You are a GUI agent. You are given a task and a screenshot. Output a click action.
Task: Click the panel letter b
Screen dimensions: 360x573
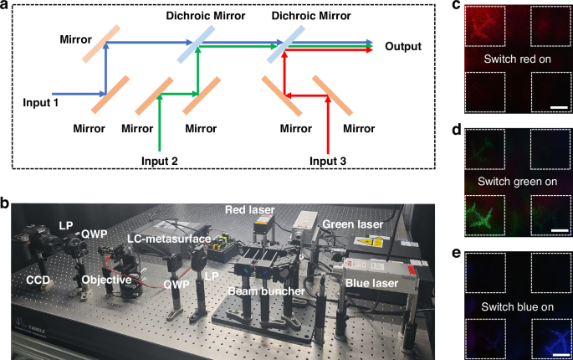click(x=8, y=202)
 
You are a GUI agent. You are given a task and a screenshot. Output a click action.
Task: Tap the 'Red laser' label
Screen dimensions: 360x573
click(x=248, y=206)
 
